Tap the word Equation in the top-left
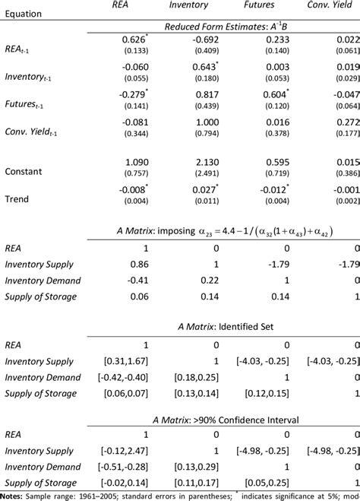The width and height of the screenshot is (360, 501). [x=24, y=13]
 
